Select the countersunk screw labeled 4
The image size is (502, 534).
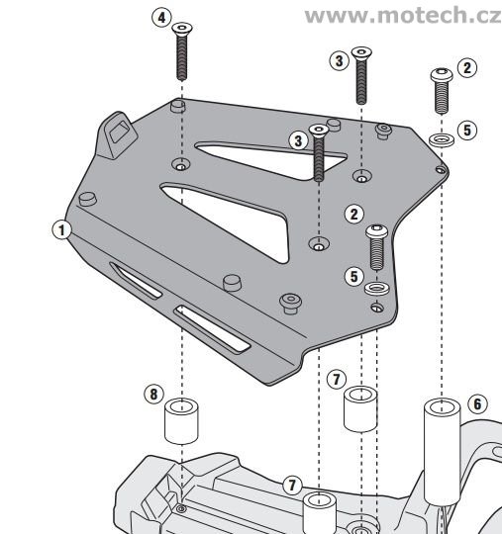click(x=182, y=55)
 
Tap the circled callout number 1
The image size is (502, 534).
click(x=61, y=230)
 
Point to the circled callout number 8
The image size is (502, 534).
click(x=152, y=394)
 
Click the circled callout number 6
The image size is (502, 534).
click(x=478, y=403)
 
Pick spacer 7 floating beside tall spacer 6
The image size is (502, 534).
click(x=361, y=407)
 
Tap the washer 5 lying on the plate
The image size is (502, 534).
click(x=376, y=288)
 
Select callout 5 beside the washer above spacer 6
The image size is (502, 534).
click(x=468, y=130)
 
